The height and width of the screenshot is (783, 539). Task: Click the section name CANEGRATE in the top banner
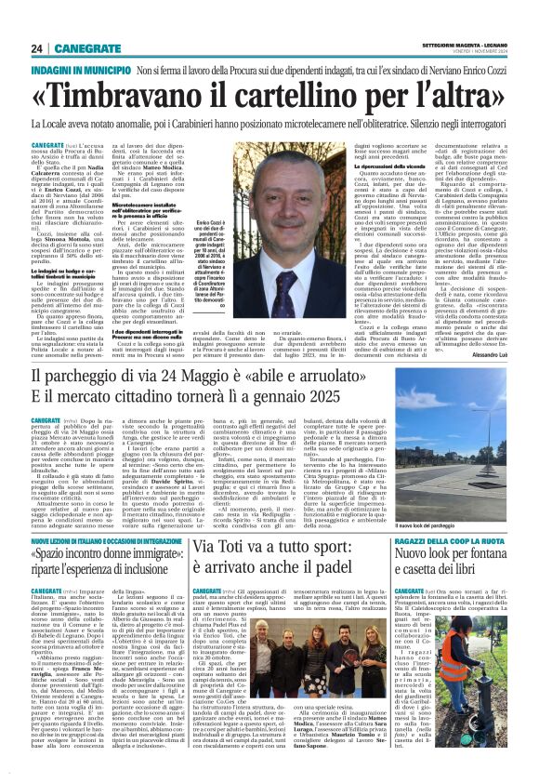pos(84,47)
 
